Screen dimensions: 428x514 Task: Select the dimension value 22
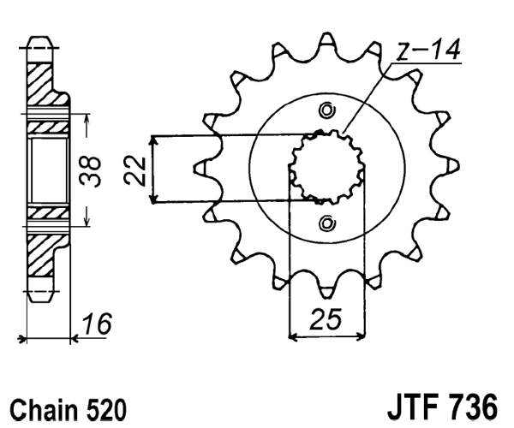[133, 169]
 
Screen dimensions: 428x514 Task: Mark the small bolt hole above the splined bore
[326, 110]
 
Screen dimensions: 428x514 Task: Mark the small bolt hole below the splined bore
[326, 224]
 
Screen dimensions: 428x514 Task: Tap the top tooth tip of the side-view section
[39, 40]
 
